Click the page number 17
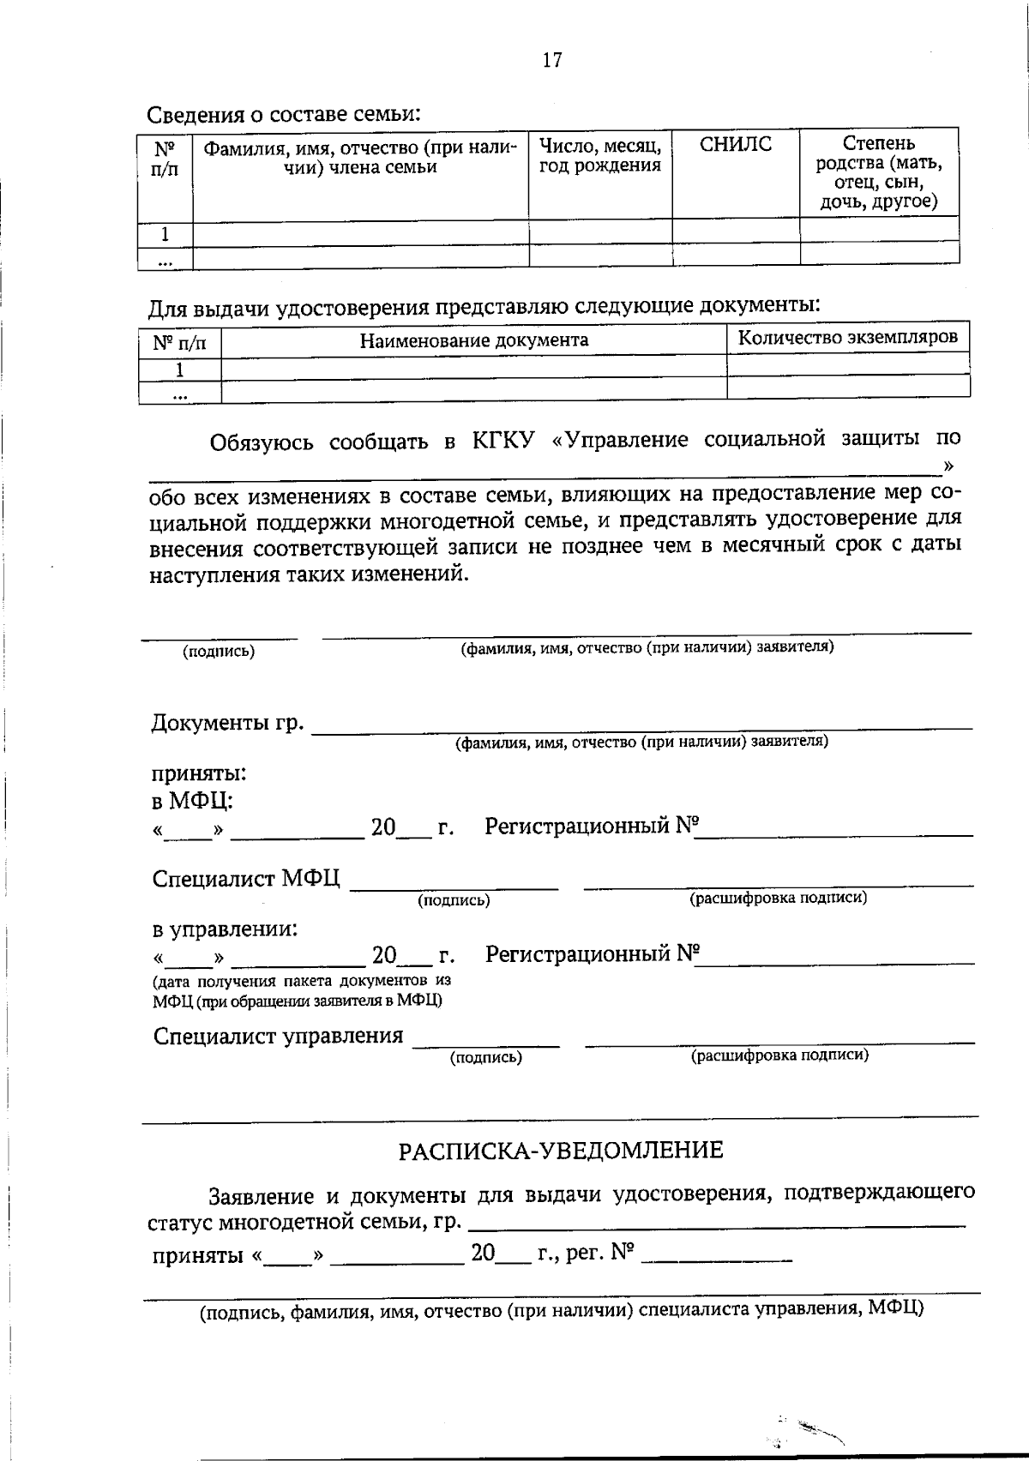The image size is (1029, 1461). pyautogui.click(x=551, y=59)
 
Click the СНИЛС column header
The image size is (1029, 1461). pyautogui.click(x=736, y=145)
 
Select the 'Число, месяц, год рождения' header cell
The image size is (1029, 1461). pyautogui.click(x=599, y=156)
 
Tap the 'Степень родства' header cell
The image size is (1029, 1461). pyautogui.click(x=879, y=172)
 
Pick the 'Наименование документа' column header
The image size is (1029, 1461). pyautogui.click(x=473, y=340)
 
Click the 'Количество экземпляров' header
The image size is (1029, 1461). pyautogui.click(x=847, y=337)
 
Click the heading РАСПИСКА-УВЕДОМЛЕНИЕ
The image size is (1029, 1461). pyautogui.click(x=561, y=1150)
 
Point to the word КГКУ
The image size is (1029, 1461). pyautogui.click(x=503, y=441)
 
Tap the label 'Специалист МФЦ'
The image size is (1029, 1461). pyautogui.click(x=246, y=879)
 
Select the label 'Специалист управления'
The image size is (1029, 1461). pyautogui.click(x=278, y=1036)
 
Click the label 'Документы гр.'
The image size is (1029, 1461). pyautogui.click(x=227, y=723)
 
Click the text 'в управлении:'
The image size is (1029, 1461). pyautogui.click(x=226, y=928)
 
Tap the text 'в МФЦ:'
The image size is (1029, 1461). pyautogui.click(x=193, y=801)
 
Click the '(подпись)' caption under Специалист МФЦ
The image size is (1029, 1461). pyautogui.click(x=454, y=900)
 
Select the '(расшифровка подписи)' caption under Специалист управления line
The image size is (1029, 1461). pyautogui.click(x=779, y=1055)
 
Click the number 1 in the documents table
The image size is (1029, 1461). pyautogui.click(x=179, y=370)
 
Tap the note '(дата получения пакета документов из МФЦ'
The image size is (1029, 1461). pyautogui.click(x=301, y=981)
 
